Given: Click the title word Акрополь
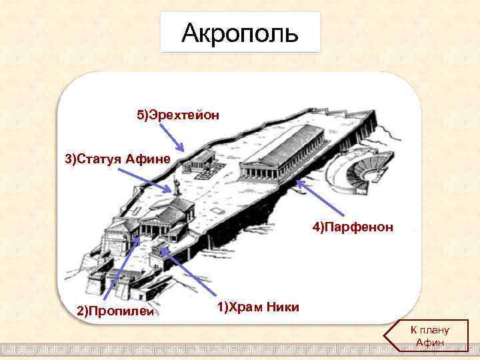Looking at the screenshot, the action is [x=240, y=31].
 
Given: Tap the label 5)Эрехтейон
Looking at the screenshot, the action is [x=178, y=115].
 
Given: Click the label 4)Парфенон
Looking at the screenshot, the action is [x=353, y=228].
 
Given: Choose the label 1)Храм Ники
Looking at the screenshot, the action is [x=258, y=307].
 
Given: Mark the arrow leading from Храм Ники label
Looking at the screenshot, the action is [x=193, y=273].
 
